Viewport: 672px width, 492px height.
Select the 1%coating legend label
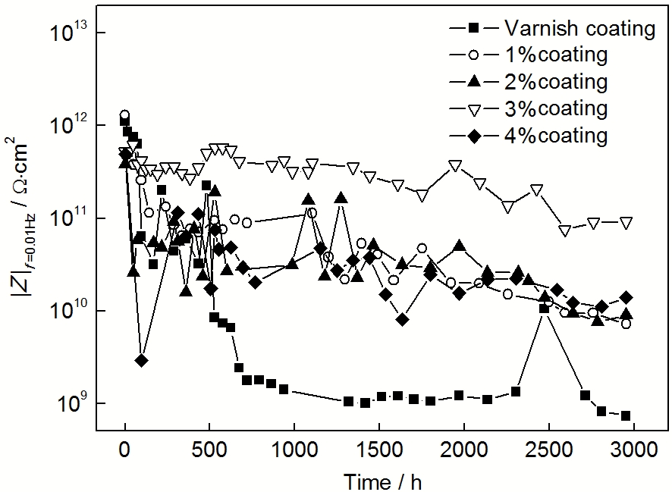[556, 55]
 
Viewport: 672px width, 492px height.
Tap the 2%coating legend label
[556, 82]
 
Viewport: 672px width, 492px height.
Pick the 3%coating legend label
[556, 108]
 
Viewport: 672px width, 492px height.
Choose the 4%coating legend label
[556, 136]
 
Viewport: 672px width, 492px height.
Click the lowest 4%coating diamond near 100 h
[141, 360]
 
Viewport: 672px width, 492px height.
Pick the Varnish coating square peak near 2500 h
[544, 309]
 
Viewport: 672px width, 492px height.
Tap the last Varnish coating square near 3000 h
[626, 415]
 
